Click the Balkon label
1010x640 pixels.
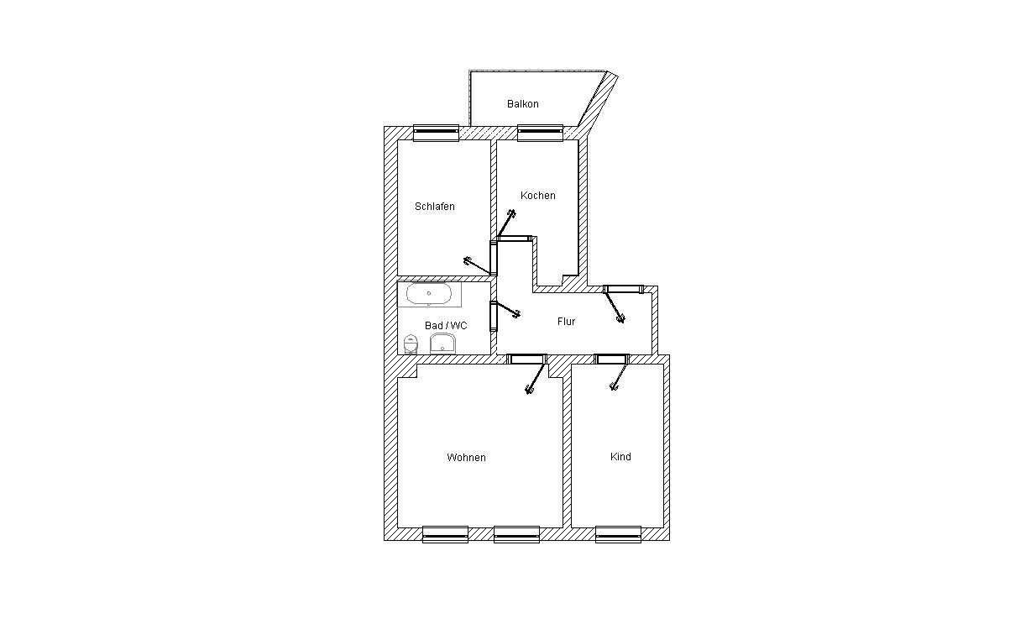click(522, 104)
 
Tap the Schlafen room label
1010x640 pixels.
click(435, 207)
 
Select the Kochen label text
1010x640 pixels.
click(538, 196)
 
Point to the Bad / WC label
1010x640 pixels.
click(446, 326)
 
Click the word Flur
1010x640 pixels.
click(567, 322)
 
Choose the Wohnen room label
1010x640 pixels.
click(466, 458)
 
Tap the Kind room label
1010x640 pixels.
click(620, 457)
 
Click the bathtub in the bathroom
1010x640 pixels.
click(429, 294)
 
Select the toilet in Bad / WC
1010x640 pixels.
click(411, 344)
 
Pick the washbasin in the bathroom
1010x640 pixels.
click(442, 344)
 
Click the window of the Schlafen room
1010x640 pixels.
click(436, 133)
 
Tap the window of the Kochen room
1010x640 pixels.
click(540, 133)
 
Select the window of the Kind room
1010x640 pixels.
click(618, 534)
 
